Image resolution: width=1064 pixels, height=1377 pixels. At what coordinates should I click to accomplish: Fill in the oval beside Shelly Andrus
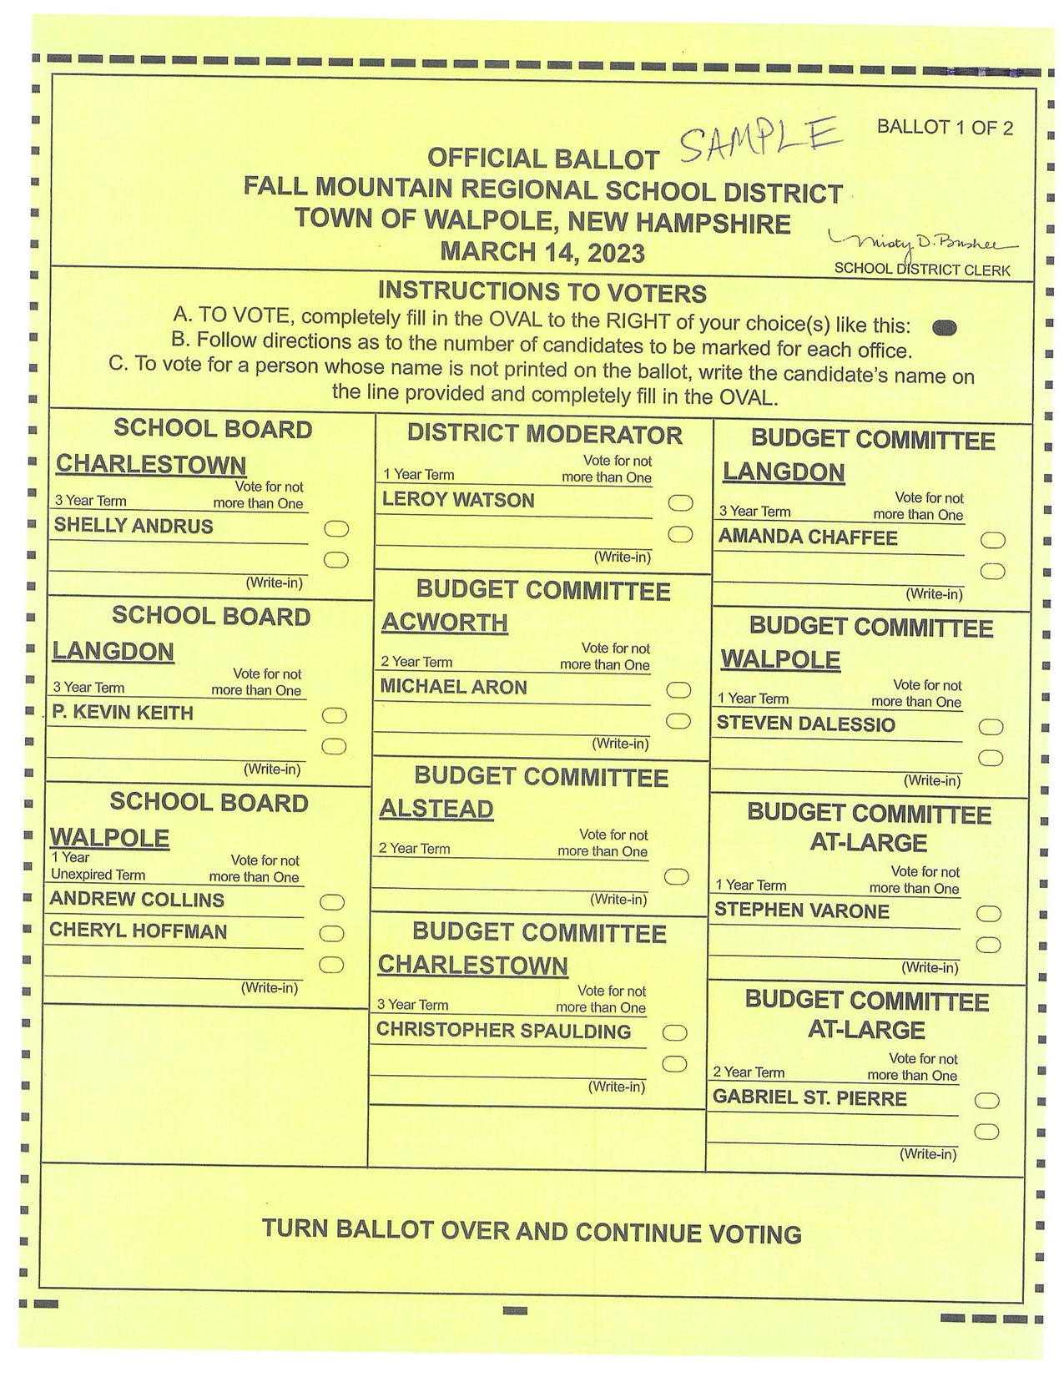click(x=336, y=528)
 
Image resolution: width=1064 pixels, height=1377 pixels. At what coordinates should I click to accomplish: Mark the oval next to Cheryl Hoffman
click(x=332, y=933)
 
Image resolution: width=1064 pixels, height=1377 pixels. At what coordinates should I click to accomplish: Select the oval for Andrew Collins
click(x=332, y=902)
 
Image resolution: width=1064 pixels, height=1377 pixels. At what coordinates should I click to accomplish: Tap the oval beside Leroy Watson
click(x=681, y=502)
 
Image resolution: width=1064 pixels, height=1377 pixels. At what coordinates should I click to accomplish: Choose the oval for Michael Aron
click(x=679, y=690)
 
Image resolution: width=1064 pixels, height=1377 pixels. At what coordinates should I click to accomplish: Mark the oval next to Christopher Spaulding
click(x=674, y=1033)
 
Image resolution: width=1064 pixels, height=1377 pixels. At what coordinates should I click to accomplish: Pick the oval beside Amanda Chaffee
click(x=993, y=540)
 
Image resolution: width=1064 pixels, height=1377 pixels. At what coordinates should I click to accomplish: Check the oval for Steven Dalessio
click(x=991, y=727)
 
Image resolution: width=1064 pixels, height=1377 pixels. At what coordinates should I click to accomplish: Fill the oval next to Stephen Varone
click(x=989, y=914)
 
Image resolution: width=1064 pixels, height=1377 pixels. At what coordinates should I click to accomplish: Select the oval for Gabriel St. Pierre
click(x=987, y=1101)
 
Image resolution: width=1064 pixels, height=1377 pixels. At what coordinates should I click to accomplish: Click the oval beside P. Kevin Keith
click(x=335, y=715)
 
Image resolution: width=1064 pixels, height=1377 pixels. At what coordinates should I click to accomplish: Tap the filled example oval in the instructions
click(x=944, y=327)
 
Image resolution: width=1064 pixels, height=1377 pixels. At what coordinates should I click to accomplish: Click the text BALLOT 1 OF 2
click(x=945, y=128)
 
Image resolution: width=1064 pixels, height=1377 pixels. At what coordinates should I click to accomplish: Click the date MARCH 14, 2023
click(x=542, y=251)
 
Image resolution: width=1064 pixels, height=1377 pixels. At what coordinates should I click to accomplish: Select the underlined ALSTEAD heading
click(x=436, y=809)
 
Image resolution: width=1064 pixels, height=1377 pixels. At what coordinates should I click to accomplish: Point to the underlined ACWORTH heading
click(x=445, y=623)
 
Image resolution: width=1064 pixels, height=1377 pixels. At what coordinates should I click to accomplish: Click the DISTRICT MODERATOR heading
click(x=544, y=434)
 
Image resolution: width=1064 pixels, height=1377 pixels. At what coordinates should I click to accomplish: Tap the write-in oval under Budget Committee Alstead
click(x=677, y=876)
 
